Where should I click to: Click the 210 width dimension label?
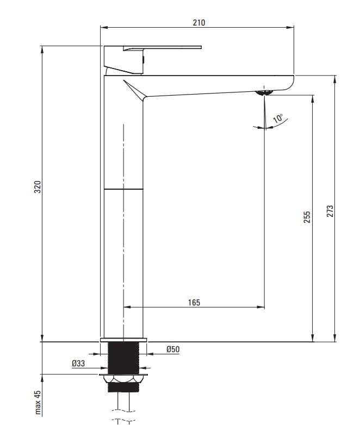point(199,22)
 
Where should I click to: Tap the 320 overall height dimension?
point(38,187)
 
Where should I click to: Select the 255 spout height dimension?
point(307,217)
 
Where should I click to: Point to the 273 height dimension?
point(330,211)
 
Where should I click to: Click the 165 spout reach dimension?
point(194,302)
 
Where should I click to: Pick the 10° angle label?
point(278,118)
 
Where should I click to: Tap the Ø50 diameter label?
point(173,349)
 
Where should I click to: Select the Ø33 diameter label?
point(78,363)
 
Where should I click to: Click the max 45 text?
point(38,402)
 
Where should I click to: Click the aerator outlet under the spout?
point(264,93)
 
